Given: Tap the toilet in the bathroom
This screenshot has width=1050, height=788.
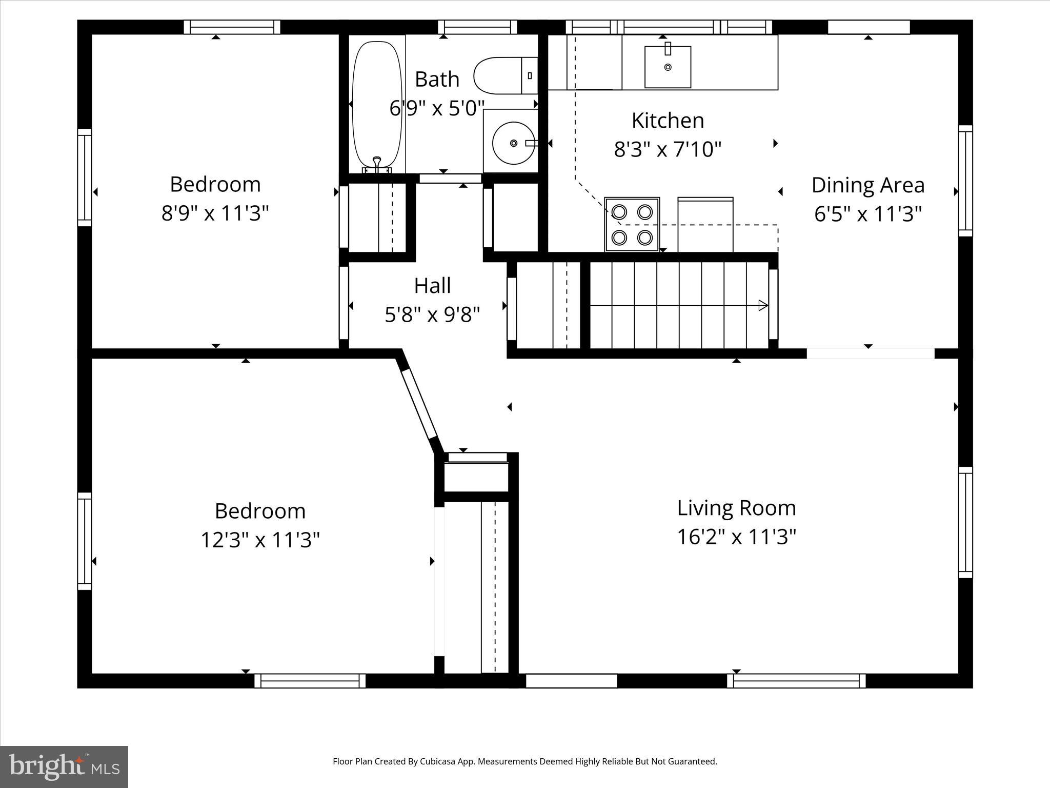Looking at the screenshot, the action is [506, 75].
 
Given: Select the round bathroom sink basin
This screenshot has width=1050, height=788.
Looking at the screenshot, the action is [513, 143].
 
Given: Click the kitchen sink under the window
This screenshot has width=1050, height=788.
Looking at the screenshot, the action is [668, 67].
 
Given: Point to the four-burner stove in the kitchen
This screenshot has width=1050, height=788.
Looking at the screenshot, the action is [632, 225].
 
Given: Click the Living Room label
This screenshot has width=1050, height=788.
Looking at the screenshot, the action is [737, 508].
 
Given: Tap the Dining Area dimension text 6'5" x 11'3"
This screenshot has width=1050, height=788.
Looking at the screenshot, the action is [868, 214].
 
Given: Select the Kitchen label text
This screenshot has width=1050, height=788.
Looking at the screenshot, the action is [668, 121].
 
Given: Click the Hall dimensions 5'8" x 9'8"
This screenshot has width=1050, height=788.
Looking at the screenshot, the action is [432, 314].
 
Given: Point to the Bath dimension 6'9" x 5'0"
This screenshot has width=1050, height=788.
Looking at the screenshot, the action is [437, 108].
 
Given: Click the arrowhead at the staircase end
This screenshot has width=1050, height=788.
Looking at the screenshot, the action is [763, 305].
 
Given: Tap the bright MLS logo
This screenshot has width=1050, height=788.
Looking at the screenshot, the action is [64, 766].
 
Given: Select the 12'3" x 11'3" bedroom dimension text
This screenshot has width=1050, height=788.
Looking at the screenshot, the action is [260, 540].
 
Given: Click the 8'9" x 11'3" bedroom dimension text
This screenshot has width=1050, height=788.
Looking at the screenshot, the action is [215, 213].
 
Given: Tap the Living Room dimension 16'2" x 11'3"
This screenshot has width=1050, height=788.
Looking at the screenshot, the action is [737, 537].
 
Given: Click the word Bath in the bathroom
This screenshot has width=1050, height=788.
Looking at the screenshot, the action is [437, 79].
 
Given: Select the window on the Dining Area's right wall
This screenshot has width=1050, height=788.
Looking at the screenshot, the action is [965, 181].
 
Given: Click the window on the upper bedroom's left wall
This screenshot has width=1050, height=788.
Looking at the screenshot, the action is [85, 177].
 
